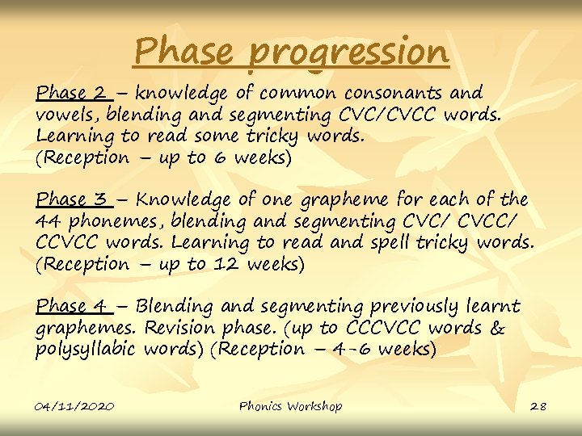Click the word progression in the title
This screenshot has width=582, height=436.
tap(348, 53)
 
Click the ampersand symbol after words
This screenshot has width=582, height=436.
tap(498, 328)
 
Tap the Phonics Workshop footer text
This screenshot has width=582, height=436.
tap(290, 406)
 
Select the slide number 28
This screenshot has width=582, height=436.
tap(538, 406)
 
